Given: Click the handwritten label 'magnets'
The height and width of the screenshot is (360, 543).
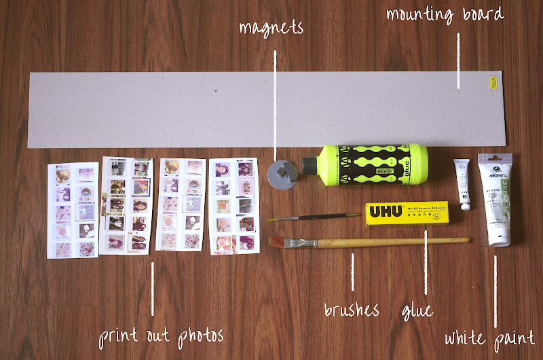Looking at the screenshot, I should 271,28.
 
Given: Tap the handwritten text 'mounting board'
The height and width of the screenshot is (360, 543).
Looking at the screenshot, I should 445,14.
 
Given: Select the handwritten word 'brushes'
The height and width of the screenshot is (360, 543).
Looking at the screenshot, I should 351,310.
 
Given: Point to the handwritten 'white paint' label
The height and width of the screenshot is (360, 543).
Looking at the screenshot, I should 489,338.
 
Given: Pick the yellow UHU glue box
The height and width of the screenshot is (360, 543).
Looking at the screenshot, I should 405,214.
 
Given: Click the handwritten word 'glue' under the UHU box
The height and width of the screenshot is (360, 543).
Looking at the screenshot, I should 416,310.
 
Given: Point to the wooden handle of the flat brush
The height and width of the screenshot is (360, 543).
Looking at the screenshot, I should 380,241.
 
